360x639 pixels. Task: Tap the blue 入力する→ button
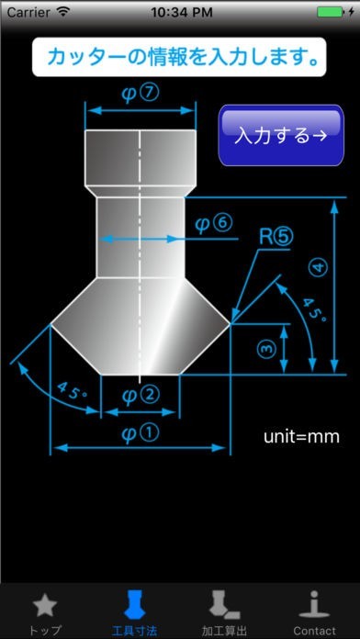281,135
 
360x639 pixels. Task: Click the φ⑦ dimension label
140,94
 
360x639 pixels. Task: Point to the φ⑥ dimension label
214,224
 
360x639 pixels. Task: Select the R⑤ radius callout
276,237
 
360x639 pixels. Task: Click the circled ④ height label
320,269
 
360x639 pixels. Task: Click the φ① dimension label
141,434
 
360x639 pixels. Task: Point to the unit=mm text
301,436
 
